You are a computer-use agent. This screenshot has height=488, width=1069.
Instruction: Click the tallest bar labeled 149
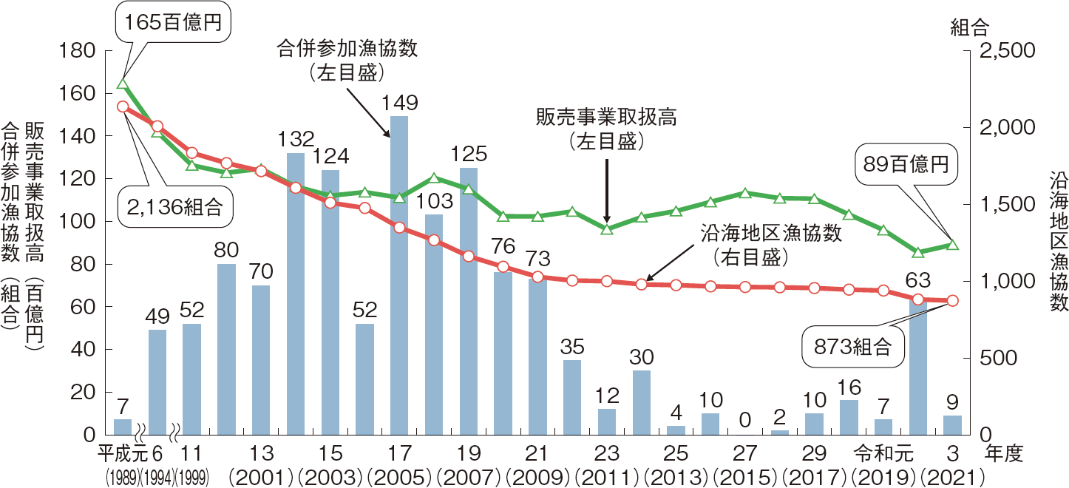(399, 274)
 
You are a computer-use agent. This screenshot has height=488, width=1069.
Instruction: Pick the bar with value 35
(572, 396)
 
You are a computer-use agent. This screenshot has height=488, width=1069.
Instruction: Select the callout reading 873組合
(853, 348)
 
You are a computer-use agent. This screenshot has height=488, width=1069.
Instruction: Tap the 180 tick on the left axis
(77, 51)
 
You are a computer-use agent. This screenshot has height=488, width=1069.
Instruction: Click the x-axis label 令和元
(883, 453)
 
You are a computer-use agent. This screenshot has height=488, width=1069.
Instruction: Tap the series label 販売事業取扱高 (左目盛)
(606, 129)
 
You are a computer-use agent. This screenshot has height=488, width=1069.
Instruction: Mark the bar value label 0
(744, 420)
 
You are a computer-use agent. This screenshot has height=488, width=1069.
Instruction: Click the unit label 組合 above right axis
(969, 27)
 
